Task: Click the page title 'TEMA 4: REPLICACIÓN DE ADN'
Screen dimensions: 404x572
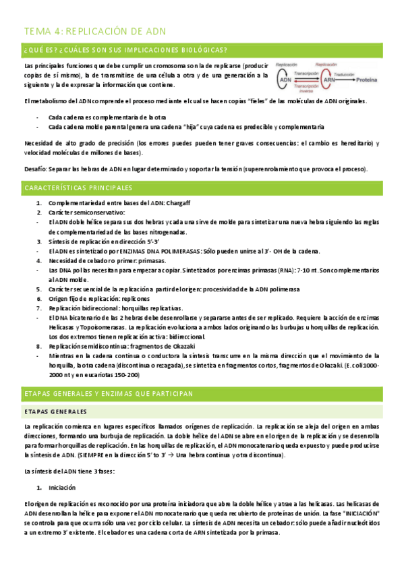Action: tap(94, 32)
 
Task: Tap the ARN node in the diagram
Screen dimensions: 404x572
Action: tap(329, 80)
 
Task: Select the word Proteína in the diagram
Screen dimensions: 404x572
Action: tap(367, 80)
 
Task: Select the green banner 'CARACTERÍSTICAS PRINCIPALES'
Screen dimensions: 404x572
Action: tap(78, 188)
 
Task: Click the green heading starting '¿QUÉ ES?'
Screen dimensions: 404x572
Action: tap(125, 51)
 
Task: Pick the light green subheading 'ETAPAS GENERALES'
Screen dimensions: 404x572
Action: tap(55, 411)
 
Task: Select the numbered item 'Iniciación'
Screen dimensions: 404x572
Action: tap(62, 487)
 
